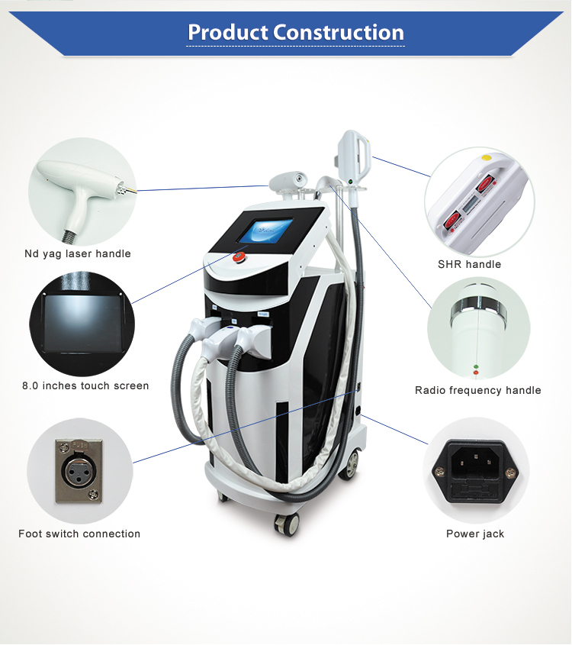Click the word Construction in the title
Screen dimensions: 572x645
pos(339,32)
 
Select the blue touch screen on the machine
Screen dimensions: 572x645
pos(266,231)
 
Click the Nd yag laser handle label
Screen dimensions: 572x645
pos(78,253)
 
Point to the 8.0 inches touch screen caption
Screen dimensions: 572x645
pos(85,385)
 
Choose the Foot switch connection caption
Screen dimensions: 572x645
pos(79,534)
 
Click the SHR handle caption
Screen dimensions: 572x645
pos(469,264)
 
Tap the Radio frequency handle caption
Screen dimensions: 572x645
pos(478,390)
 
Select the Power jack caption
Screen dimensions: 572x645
pos(475,534)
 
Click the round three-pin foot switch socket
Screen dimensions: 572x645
pos(79,471)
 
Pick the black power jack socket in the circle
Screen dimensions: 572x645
pos(475,471)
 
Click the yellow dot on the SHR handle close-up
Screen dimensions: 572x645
pos(487,157)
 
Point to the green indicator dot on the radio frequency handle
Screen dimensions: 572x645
pos(476,366)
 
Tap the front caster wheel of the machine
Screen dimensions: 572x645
pos(288,524)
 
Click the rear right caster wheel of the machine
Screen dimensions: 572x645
pos(349,464)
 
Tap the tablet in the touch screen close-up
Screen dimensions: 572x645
pos(82,324)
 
